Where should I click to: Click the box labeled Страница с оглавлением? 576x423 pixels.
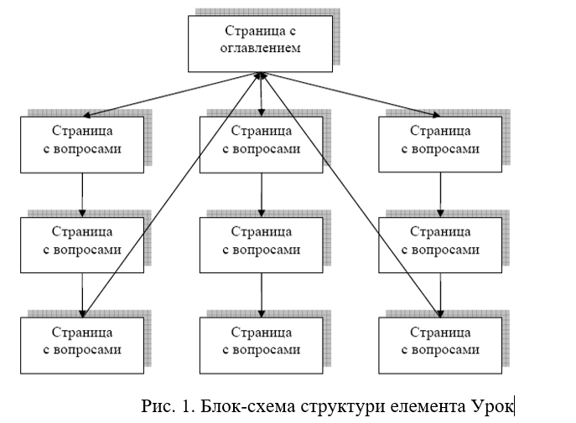pyautogui.click(x=260, y=44)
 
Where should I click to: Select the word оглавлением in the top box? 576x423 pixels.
pyautogui.click(x=261, y=48)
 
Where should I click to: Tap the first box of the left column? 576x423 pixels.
pyautogui.click(x=82, y=145)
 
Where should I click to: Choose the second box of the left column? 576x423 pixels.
pyautogui.click(x=82, y=245)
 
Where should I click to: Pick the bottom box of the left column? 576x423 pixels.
pyautogui.click(x=82, y=345)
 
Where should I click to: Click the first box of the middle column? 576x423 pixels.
pyautogui.click(x=262, y=145)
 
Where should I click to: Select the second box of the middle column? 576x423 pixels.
pyautogui.click(x=262, y=245)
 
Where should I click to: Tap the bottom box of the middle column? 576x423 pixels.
pyautogui.click(x=262, y=345)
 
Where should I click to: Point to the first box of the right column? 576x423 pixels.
pyautogui.click(x=440, y=144)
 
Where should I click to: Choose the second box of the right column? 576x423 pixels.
pyautogui.click(x=440, y=245)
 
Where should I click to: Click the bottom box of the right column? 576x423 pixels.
pyautogui.click(x=440, y=345)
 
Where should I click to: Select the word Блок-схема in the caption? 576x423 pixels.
pyautogui.click(x=247, y=406)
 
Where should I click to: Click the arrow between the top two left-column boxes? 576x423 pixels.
pyautogui.click(x=82, y=195)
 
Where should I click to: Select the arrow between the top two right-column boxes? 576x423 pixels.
pyautogui.click(x=440, y=194)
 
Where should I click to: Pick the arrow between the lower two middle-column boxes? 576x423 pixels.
pyautogui.click(x=262, y=295)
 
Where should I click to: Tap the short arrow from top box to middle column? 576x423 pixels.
pyautogui.click(x=261, y=95)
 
